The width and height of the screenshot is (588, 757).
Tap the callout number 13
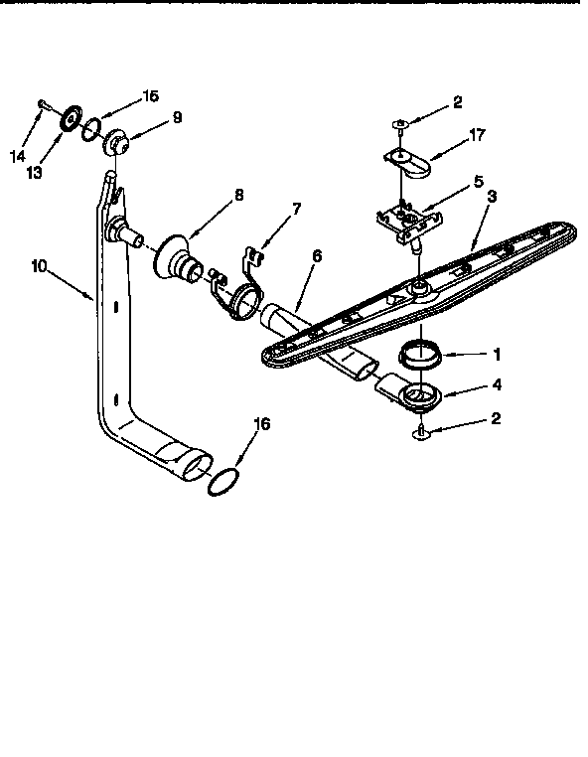[36, 172]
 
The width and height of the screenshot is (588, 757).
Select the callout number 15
[150, 96]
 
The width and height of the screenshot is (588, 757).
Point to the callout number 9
[177, 117]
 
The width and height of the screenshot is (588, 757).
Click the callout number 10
[39, 265]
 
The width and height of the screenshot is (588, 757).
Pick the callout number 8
[238, 195]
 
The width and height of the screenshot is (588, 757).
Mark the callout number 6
[316, 255]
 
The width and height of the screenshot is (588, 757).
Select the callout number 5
[478, 181]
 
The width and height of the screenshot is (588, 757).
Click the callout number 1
[498, 353]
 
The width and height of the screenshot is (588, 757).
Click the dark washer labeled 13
[72, 117]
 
